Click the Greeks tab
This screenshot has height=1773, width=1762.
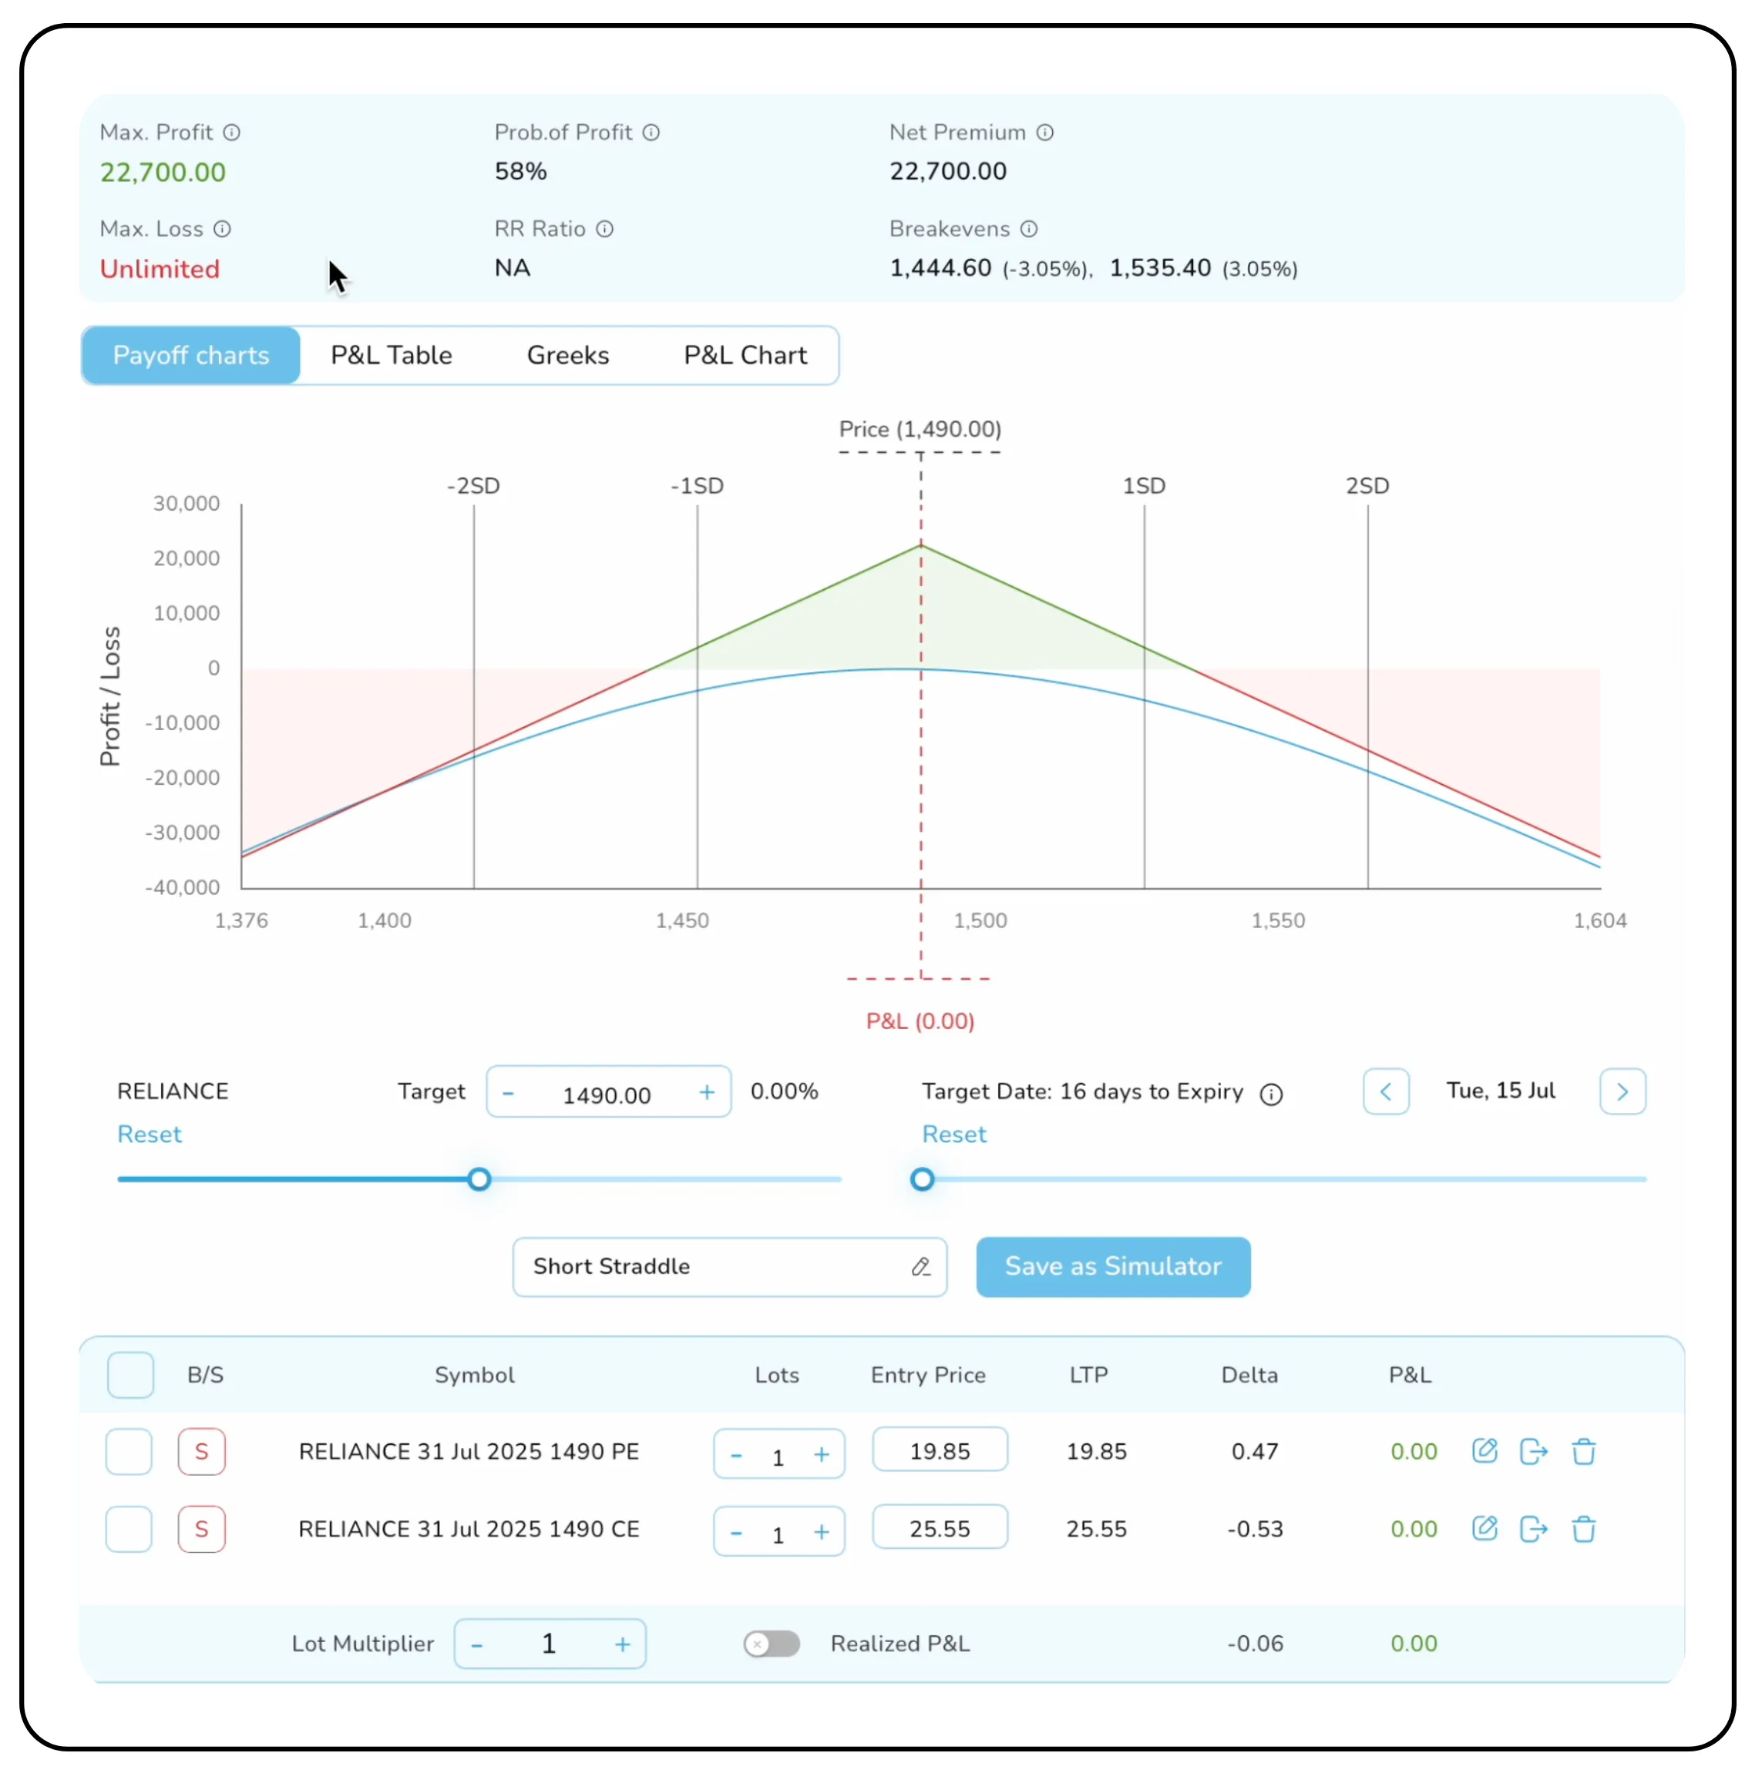(x=567, y=355)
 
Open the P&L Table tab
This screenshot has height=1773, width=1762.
(x=391, y=355)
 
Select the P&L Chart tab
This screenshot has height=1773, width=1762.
(x=745, y=355)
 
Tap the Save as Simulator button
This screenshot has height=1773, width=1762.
(x=1112, y=1266)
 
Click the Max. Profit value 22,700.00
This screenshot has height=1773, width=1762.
(x=163, y=173)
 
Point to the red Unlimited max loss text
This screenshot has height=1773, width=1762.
(x=160, y=269)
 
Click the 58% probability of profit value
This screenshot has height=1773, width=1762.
(x=520, y=172)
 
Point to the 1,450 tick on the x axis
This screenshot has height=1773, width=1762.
(x=682, y=920)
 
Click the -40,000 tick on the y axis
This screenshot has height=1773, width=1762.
(x=183, y=887)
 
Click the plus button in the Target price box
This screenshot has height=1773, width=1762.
(x=706, y=1092)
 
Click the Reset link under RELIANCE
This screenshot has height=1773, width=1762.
(x=150, y=1135)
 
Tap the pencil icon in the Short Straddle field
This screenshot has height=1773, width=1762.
(x=921, y=1267)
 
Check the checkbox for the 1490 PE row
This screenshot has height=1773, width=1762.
(x=129, y=1452)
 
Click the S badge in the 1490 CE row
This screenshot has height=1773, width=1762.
(x=202, y=1529)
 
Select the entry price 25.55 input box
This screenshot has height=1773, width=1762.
(x=940, y=1529)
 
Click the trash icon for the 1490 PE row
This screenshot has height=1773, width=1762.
(x=1583, y=1452)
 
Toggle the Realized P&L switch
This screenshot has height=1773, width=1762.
(x=772, y=1644)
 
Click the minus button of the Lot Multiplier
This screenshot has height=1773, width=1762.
(x=477, y=1644)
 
